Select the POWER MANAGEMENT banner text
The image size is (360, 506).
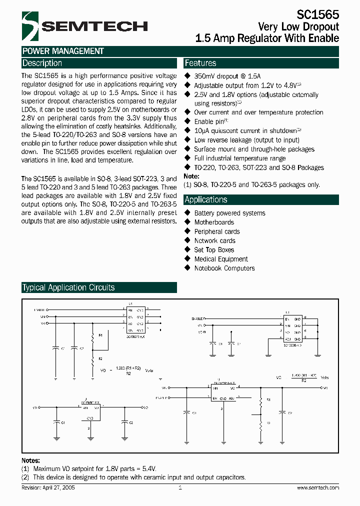[x=63, y=51]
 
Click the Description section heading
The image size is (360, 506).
[x=42, y=63]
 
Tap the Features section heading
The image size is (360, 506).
[x=200, y=63]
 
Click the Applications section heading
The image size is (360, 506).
[x=206, y=199]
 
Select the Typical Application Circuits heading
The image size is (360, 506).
[x=68, y=287]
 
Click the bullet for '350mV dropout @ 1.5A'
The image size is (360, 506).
[x=188, y=76]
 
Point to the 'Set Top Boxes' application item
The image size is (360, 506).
[x=214, y=250]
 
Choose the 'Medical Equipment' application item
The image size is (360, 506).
[x=221, y=259]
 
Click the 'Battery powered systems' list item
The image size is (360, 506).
[x=229, y=213]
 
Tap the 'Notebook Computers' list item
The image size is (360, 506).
[x=224, y=268]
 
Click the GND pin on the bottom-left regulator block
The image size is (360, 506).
[x=90, y=417]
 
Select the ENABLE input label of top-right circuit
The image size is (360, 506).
[x=198, y=318]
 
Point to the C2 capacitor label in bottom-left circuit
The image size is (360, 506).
[x=131, y=422]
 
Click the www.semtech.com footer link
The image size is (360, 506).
[x=317, y=487]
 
